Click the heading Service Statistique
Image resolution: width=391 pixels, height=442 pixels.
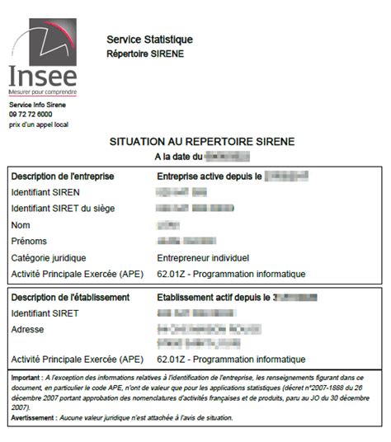[x=149, y=40]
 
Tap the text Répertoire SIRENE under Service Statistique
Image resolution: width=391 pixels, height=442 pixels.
[x=146, y=54]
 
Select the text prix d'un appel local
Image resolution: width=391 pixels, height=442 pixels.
[x=39, y=125]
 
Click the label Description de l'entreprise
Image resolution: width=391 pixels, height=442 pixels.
[x=63, y=176]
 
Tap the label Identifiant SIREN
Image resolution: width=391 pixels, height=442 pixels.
[x=45, y=192]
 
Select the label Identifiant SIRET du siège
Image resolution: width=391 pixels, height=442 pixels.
[x=64, y=209]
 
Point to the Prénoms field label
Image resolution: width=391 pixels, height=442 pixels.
[x=30, y=242]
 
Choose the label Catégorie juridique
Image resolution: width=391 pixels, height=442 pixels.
[x=49, y=258]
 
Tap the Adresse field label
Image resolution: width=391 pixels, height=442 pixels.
[x=29, y=329]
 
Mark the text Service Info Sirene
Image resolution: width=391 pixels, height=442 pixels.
[x=37, y=105]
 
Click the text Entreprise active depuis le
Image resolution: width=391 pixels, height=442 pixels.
[x=209, y=176]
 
